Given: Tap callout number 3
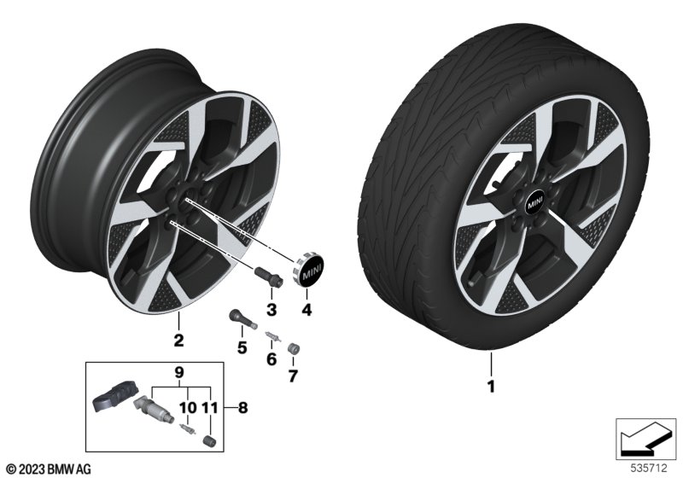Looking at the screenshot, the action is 271,308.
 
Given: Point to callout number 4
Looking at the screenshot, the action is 307,308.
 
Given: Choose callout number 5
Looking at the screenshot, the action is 242,347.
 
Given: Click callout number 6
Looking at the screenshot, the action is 271,359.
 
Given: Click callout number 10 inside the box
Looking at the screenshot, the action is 187,408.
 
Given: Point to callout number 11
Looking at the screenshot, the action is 211,408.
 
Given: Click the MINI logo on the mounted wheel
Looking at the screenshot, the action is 534,203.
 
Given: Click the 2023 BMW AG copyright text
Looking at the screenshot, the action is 48,468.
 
